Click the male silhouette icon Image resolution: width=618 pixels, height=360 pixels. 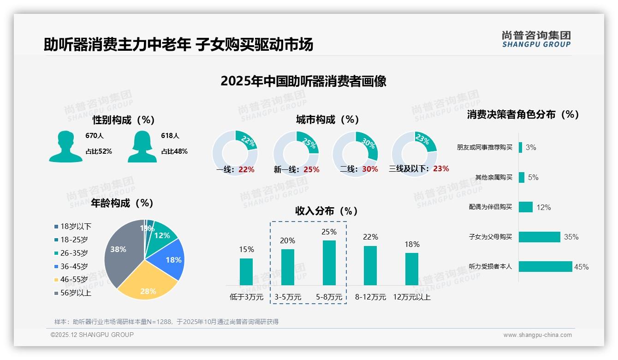tap(65, 146)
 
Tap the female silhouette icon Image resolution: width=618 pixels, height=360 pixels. tap(142, 146)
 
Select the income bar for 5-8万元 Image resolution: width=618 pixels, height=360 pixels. tap(329, 263)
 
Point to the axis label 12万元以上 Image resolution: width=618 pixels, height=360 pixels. tap(411, 297)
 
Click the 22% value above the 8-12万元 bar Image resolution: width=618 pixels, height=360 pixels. tap(370, 237)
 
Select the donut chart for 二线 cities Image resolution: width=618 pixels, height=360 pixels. tap(355, 153)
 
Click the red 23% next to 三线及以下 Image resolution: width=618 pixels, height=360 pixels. tap(440, 169)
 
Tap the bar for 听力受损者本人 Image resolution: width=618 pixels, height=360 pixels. tap(545, 267)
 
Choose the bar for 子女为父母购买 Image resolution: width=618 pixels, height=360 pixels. tap(539, 237)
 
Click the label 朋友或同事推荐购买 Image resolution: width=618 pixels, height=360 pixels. tap(484, 148)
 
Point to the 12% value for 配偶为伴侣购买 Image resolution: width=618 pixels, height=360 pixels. tap(543, 208)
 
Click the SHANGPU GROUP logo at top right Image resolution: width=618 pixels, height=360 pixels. tap(536, 39)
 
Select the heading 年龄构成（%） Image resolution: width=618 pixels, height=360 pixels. tap(122, 203)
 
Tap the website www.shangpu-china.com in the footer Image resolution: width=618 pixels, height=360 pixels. tap(537, 335)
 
